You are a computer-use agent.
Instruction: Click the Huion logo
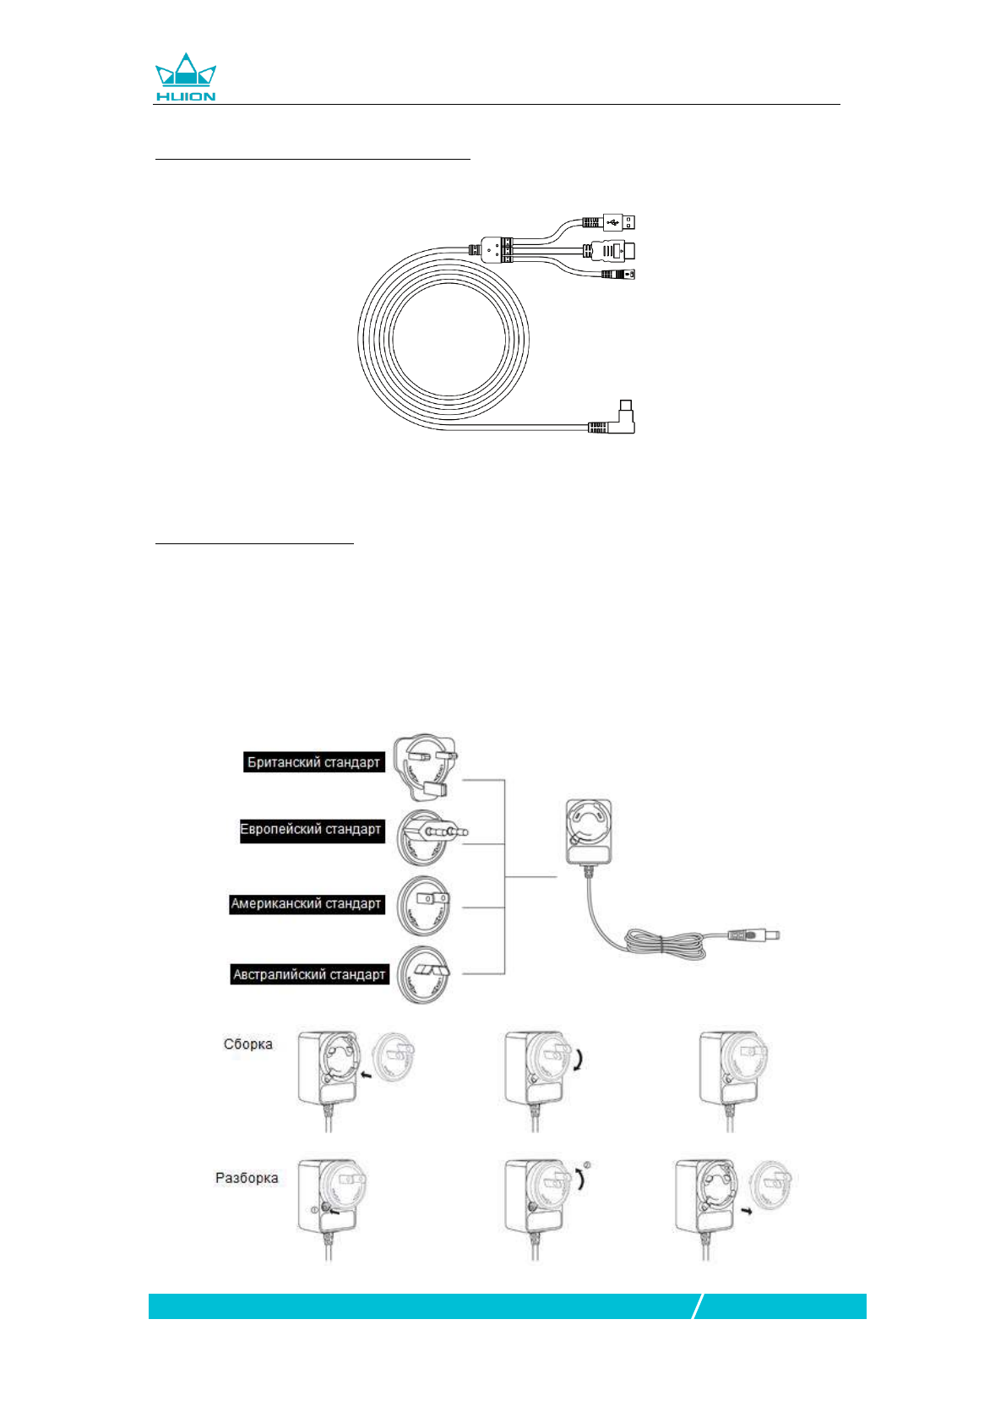pyautogui.click(x=186, y=78)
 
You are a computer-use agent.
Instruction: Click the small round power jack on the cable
pyautogui.click(x=620, y=274)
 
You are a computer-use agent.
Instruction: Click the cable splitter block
pyautogui.click(x=497, y=249)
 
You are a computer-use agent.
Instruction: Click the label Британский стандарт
pyautogui.click(x=313, y=762)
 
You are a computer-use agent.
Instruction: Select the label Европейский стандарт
pyautogui.click(x=311, y=830)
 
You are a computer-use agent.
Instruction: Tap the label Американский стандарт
pyautogui.click(x=307, y=904)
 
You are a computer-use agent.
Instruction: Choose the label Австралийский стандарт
pyautogui.click(x=309, y=975)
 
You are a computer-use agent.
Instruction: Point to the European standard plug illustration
pyautogui.click(x=431, y=835)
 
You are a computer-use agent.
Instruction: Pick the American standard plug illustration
pyautogui.click(x=425, y=905)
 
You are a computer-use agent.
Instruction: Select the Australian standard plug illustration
pyautogui.click(x=425, y=974)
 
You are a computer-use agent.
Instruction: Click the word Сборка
pyautogui.click(x=248, y=1044)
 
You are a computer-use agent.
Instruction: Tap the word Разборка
pyautogui.click(x=247, y=1178)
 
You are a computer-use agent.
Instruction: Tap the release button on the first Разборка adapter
pyautogui.click(x=324, y=1209)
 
